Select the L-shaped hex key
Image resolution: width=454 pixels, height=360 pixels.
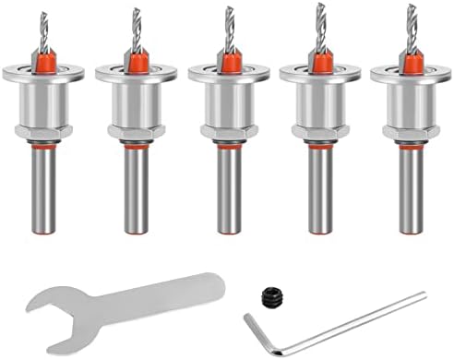pyautogui.click(x=351, y=324)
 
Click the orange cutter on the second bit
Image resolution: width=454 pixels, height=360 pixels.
pyautogui.click(x=135, y=61)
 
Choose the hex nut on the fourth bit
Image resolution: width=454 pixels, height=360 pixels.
pyautogui.click(x=320, y=131)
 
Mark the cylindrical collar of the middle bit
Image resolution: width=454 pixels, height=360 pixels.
pyautogui.click(x=228, y=103)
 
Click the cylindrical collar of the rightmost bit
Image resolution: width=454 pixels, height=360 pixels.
pyautogui.click(x=411, y=102)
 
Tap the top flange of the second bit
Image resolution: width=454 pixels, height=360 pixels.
pyautogui.click(x=135, y=73)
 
